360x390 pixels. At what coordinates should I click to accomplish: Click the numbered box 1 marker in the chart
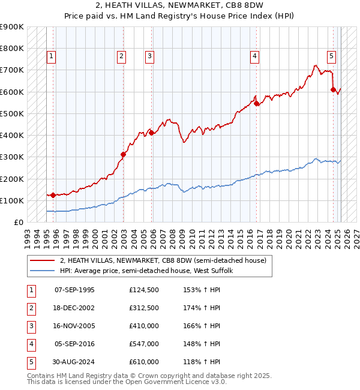(x=52, y=56)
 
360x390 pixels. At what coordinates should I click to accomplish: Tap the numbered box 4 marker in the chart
(x=255, y=56)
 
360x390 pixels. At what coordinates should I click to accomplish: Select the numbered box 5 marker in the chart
(x=332, y=56)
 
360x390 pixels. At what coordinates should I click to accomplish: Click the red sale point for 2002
(x=124, y=154)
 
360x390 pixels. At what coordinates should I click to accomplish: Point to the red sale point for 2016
(x=256, y=103)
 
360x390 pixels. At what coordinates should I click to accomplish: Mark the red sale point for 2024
(x=333, y=89)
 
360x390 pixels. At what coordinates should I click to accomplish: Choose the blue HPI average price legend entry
(x=149, y=271)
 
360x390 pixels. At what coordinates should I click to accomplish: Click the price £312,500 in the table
(x=144, y=308)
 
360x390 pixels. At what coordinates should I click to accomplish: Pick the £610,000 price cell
(x=144, y=362)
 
